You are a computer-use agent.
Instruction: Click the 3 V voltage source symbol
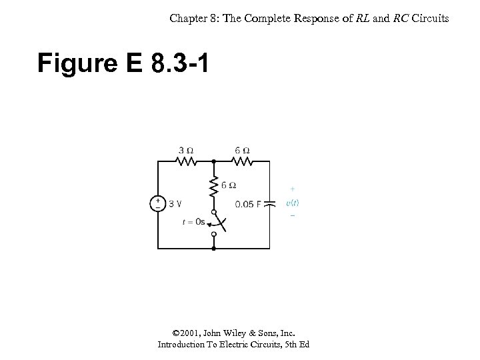tap(157, 203)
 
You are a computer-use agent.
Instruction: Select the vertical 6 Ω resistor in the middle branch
tap(214, 187)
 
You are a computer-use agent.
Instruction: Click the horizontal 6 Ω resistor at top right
tap(242, 161)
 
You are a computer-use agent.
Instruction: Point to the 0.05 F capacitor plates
tap(269, 204)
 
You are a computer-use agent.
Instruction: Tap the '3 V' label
tap(176, 204)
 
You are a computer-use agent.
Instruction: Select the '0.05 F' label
tap(248, 204)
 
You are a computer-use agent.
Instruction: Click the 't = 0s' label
tap(193, 222)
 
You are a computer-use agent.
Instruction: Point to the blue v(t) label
tap(292, 202)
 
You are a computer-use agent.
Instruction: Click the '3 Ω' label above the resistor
tap(186, 149)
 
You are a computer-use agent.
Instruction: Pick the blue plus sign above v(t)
tap(292, 189)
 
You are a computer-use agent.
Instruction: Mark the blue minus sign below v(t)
tap(292, 215)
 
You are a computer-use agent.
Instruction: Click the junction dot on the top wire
tap(213, 161)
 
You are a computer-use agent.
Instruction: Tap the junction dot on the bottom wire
tap(213, 248)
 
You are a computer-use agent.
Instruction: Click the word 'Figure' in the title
tap(73, 64)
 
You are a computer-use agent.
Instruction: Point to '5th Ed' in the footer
tap(295, 345)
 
